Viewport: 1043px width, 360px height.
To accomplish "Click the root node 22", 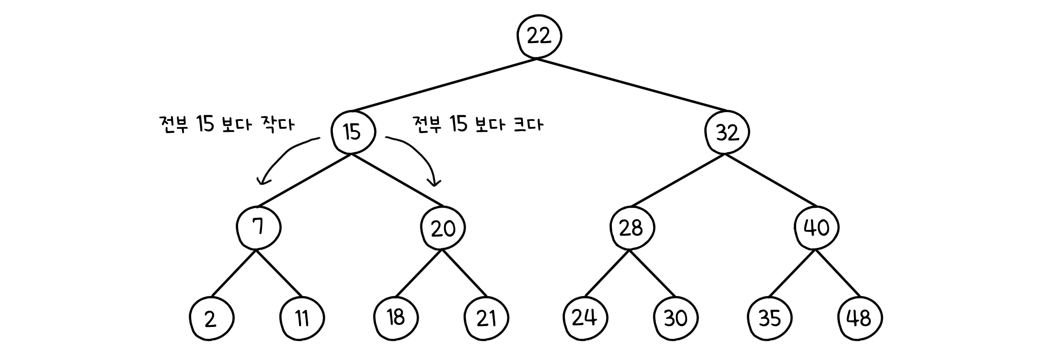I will pos(539,37).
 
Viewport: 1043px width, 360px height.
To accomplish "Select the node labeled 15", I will pos(352,132).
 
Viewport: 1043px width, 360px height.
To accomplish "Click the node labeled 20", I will pos(443,228).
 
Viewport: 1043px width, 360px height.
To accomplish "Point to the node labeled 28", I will pos(631,228).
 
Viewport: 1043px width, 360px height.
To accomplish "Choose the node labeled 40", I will pos(817,228).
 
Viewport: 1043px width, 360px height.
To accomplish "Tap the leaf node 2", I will pos(211,319).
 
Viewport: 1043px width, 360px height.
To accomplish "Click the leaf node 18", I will pos(396,318).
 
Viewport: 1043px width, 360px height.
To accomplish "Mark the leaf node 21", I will pos(486,319).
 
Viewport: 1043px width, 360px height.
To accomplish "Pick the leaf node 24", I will pos(585,318).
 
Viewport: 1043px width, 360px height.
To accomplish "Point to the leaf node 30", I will pos(676,319).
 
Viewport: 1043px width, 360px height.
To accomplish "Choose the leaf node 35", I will pos(770,319).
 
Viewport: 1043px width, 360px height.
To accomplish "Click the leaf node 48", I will pos(860,319).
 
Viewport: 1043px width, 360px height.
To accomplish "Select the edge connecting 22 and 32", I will pos(632,84).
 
